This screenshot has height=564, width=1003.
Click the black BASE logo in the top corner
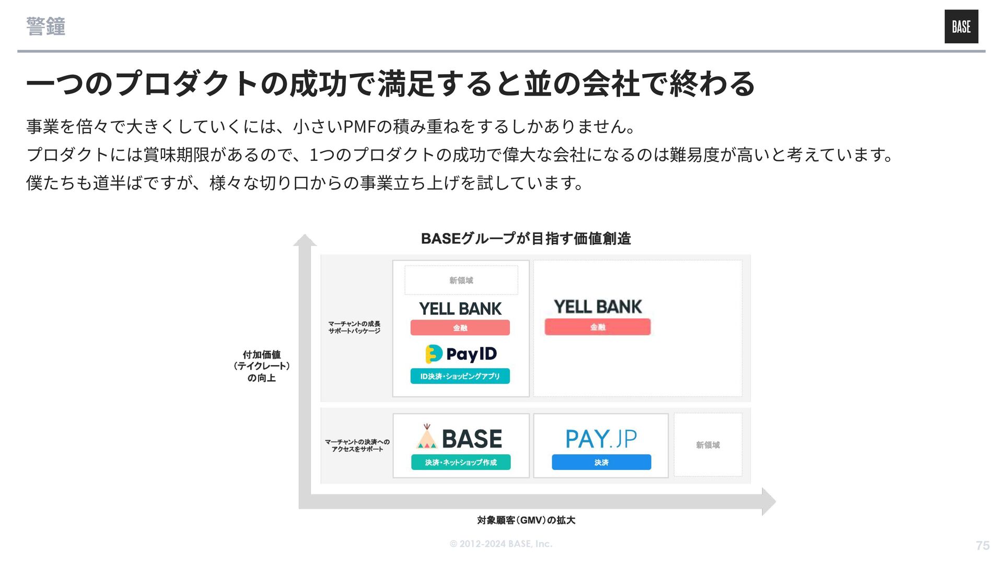961,27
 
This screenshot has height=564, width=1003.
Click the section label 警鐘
46,27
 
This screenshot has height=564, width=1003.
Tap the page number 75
982,546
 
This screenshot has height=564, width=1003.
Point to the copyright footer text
500,544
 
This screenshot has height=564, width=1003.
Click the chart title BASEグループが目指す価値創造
526,239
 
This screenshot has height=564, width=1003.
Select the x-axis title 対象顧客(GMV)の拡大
526,520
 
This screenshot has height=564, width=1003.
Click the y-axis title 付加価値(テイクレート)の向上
261,366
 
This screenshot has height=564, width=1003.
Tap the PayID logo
461,354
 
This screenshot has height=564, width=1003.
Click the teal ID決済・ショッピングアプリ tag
460,376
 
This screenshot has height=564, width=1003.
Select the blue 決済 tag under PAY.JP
601,462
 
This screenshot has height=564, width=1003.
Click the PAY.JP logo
601,439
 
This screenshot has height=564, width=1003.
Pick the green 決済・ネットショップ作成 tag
460,462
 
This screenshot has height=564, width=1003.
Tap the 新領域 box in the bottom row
708,445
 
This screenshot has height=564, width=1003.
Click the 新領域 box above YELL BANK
461,280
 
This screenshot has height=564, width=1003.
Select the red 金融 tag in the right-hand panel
598,327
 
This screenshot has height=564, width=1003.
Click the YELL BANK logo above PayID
460,309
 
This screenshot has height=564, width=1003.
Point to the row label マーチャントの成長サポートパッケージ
354,327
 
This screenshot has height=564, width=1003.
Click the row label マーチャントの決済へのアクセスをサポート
357,445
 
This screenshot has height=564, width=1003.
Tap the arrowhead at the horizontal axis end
769,502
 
